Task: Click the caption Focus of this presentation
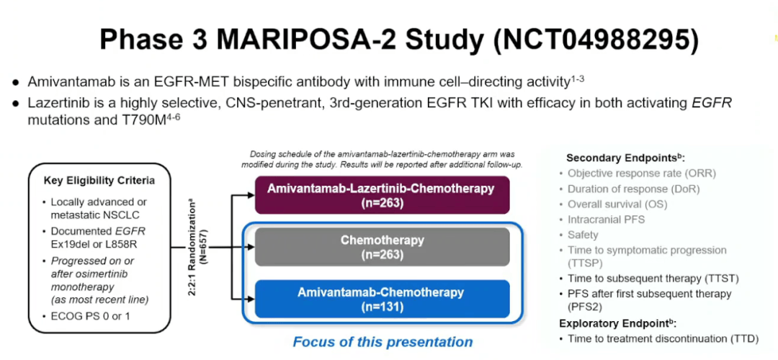click(383, 342)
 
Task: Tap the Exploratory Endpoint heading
click(623, 323)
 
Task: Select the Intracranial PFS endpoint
click(607, 220)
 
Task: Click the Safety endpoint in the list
click(583, 235)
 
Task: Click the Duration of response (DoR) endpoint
click(633, 189)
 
